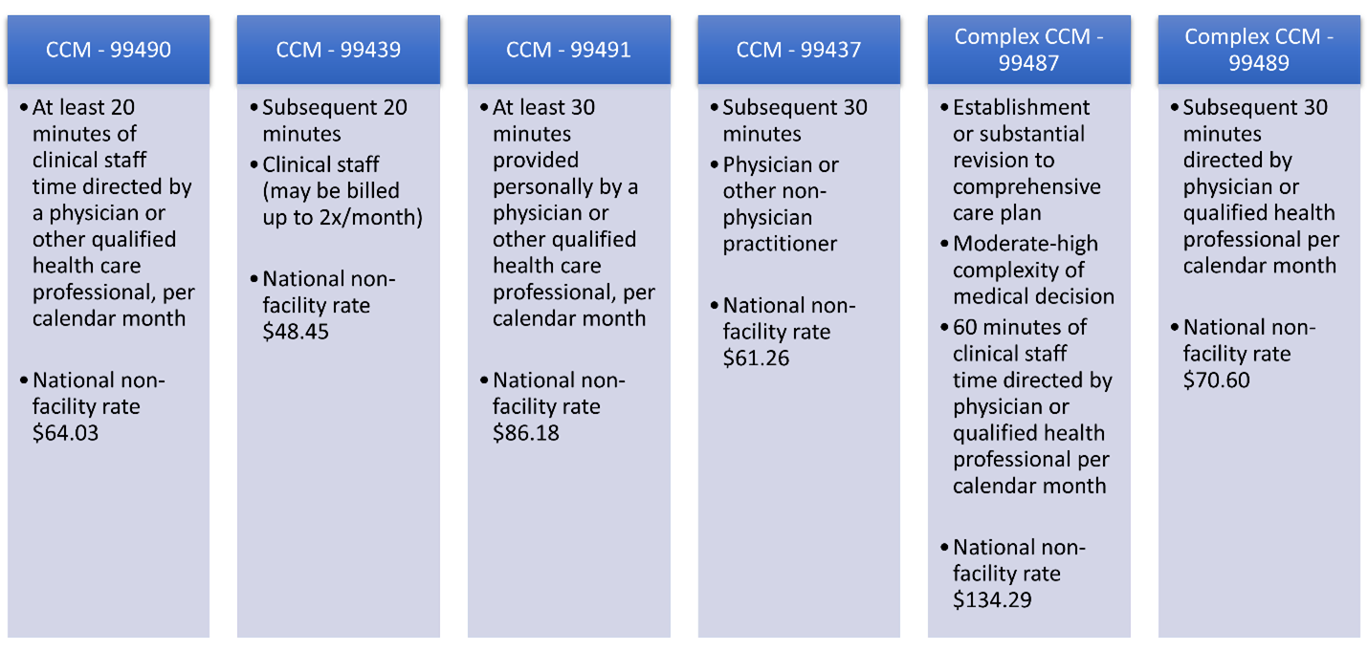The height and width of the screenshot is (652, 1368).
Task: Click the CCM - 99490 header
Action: (x=108, y=50)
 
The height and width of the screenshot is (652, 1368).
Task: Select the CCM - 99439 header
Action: (x=338, y=50)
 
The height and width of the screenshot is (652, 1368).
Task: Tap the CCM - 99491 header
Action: (x=568, y=50)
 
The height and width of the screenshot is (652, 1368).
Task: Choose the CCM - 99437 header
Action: (x=799, y=50)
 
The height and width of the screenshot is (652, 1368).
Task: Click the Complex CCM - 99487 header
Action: (x=1028, y=50)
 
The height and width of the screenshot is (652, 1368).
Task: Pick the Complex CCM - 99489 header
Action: (x=1259, y=50)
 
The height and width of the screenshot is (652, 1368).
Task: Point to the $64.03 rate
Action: (x=66, y=433)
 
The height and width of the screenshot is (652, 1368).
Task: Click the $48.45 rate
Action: (x=296, y=333)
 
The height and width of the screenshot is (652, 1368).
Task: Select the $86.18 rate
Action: (x=526, y=433)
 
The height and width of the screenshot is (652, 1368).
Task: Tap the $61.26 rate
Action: (x=756, y=359)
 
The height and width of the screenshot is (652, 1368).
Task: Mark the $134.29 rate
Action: (x=992, y=600)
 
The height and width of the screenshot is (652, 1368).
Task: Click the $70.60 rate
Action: (x=1216, y=380)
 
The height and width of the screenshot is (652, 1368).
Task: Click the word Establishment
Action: (x=1021, y=107)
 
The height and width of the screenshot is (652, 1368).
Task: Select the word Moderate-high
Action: (x=1026, y=244)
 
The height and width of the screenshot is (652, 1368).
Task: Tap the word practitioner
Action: (x=780, y=244)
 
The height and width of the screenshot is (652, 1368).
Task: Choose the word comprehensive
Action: (x=1026, y=186)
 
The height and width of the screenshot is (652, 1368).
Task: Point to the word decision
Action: (x=1074, y=296)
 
